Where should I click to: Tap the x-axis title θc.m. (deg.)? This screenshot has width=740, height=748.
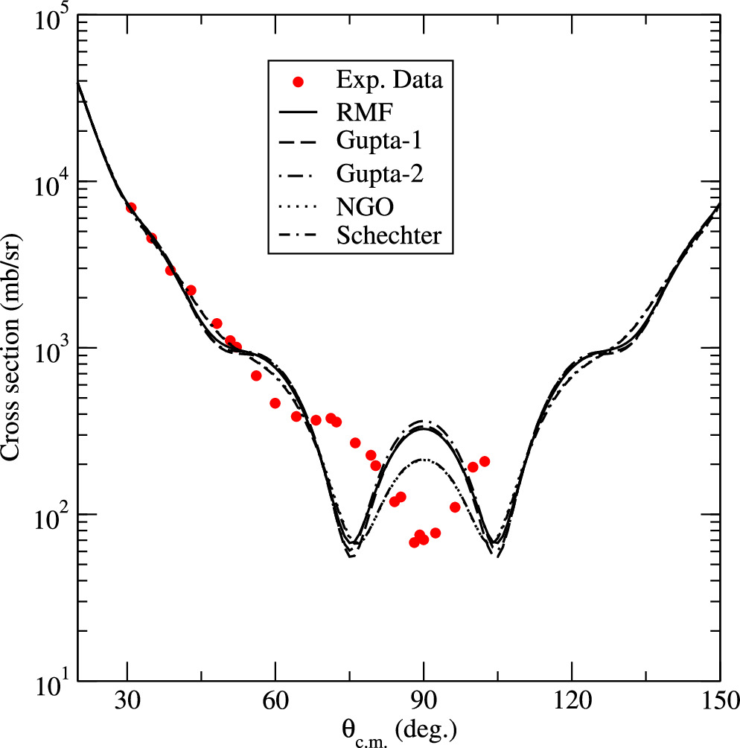(x=399, y=730)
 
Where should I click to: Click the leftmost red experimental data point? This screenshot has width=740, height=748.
(x=131, y=208)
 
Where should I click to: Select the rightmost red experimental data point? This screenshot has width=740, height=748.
(x=485, y=461)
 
